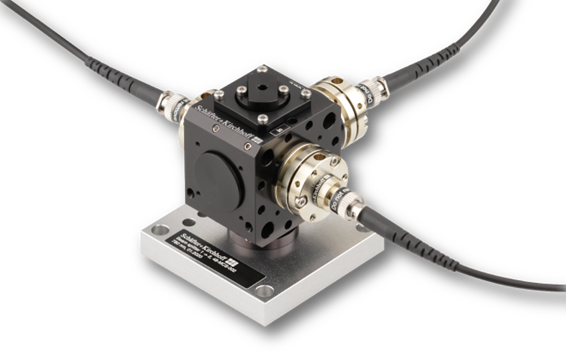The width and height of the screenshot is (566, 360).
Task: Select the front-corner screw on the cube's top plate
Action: pyautogui.click(x=262, y=118)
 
